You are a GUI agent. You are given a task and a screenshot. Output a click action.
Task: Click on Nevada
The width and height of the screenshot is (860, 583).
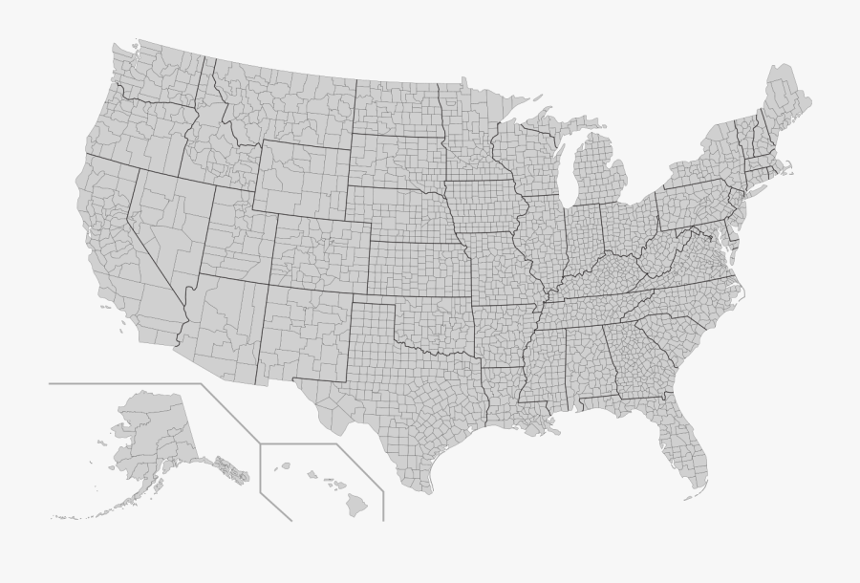[x=162, y=229]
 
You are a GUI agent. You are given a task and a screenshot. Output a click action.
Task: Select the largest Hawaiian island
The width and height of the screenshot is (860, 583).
[x=355, y=504]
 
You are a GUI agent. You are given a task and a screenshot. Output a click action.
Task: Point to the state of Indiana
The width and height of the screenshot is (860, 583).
[x=582, y=240]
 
